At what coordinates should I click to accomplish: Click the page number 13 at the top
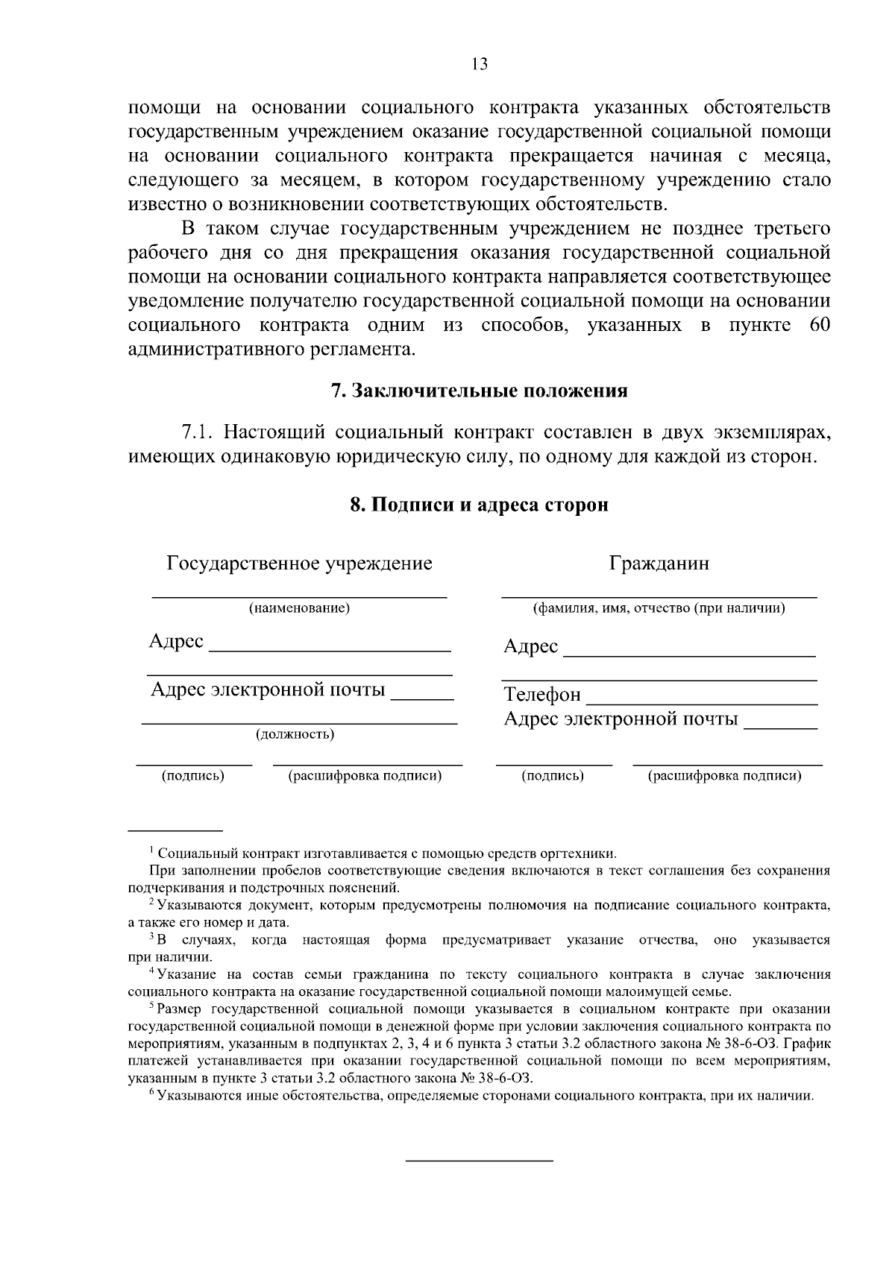pos(480,64)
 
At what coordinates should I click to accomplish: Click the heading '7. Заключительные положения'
pos(479,391)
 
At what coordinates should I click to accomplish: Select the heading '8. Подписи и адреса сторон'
pos(479,505)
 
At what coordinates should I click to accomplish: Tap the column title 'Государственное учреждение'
pos(299,563)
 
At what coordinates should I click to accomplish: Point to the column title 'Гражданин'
pos(659,563)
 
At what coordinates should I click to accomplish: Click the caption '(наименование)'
pos(299,608)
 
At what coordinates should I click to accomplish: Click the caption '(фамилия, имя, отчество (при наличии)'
pos(659,608)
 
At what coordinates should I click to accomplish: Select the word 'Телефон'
pos(542,695)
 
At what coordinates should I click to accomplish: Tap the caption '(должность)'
pos(295,735)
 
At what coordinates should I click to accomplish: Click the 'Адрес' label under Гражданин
pos(530,646)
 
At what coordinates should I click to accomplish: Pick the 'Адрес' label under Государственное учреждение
pos(176,641)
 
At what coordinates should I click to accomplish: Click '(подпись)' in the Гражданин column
pos(553,776)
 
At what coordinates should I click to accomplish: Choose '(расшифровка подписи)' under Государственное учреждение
pos(365,776)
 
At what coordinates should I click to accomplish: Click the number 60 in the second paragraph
pos(819,326)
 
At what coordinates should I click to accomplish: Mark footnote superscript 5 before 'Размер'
pos(151,1007)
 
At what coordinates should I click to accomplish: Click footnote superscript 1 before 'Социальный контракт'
pos(151,851)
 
